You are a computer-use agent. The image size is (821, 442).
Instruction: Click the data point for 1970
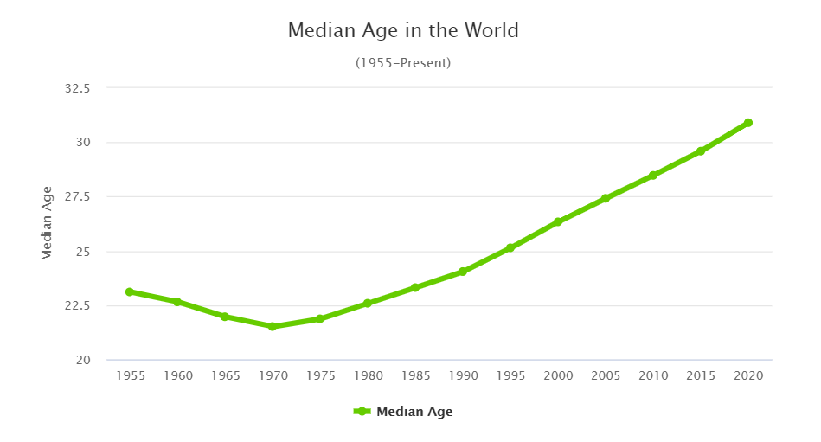point(273,327)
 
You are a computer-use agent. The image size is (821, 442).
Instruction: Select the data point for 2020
point(748,123)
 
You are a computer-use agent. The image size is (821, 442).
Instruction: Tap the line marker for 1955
point(130,291)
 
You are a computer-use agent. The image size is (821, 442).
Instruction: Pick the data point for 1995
point(510,248)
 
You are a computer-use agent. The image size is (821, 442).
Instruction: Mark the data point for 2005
point(606,199)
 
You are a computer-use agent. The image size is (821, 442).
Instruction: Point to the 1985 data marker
point(415,287)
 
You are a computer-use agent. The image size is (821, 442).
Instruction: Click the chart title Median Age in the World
point(403,30)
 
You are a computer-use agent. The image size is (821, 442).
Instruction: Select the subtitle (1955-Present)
point(403,63)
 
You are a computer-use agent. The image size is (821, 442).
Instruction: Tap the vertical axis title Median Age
point(48,223)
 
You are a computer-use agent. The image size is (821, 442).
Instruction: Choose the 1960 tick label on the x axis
point(177,376)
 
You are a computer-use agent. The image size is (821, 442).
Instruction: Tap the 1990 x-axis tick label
point(463,376)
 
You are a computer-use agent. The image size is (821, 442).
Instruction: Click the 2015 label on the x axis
point(701,376)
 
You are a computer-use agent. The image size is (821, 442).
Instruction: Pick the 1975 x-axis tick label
point(320,376)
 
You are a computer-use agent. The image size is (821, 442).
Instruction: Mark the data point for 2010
point(653,176)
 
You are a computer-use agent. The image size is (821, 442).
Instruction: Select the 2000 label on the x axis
point(558,376)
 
